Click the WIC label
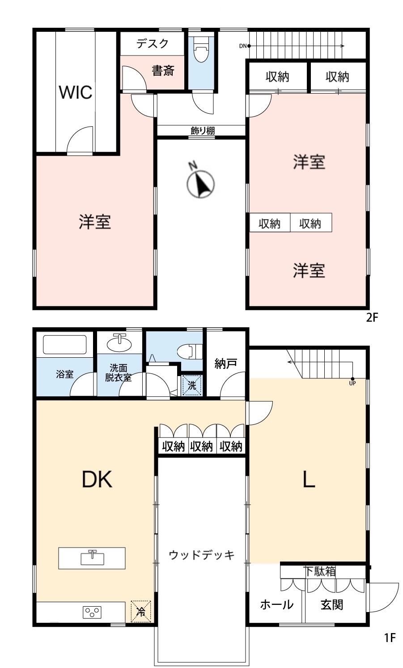pos(76,92)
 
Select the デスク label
pos(153,43)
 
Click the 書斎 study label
pos(163,71)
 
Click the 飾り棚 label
pos(203,131)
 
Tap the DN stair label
pos(243,46)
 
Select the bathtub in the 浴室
pos(65,345)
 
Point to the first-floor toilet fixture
pos(190,351)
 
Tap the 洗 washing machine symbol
pos(192,385)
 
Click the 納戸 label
pos(225,364)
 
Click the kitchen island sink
pos(92,557)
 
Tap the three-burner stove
pos(92,612)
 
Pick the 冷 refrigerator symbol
pos(141,612)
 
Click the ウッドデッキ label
pos(202,555)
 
